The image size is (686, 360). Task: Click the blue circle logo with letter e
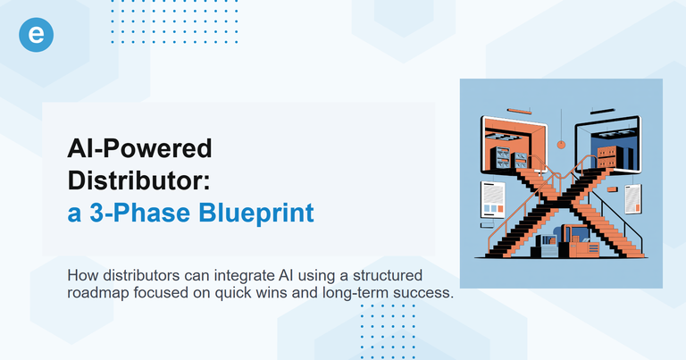coord(37,35)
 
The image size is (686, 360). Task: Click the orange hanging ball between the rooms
coord(560,143)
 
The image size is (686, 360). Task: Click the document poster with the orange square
coord(633,198)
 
